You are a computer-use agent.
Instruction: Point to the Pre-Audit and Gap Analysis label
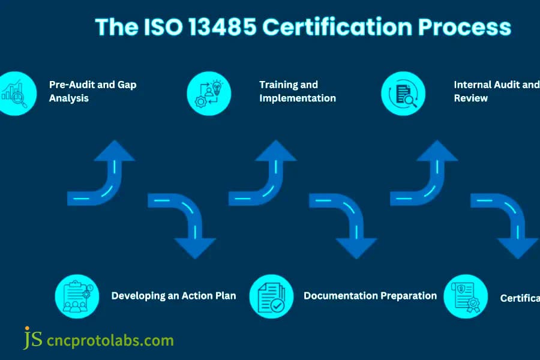click(x=92, y=91)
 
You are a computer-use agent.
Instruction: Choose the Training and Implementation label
click(x=297, y=91)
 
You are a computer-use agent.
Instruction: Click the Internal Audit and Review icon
click(x=403, y=93)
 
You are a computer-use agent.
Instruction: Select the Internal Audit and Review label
click(x=496, y=91)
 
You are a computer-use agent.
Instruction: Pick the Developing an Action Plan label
click(x=173, y=295)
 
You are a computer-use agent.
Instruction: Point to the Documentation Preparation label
click(x=370, y=295)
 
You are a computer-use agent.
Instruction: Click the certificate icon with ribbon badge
click(x=465, y=295)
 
